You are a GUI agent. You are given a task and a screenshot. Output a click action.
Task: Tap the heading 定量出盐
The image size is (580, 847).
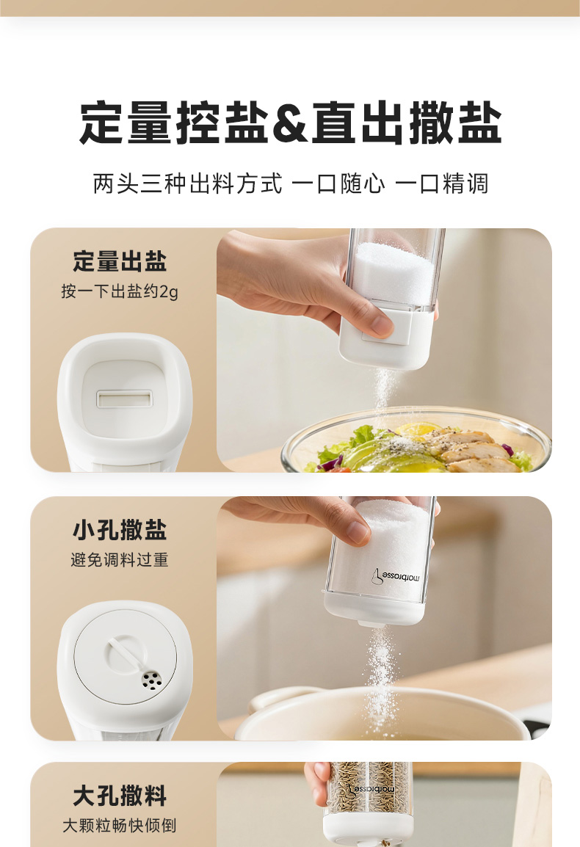click(x=120, y=261)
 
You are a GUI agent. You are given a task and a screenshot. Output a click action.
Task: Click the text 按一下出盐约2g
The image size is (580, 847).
click(x=120, y=291)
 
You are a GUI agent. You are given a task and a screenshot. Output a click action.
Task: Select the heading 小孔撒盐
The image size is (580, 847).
click(x=120, y=529)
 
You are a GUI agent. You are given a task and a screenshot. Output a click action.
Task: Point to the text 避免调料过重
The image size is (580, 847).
click(x=120, y=559)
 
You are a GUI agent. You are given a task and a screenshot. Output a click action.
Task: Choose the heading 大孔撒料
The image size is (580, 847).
click(x=120, y=796)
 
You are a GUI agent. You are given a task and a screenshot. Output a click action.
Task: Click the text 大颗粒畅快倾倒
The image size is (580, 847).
click(x=120, y=826)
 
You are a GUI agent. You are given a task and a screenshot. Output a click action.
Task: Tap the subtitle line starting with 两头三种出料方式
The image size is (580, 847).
click(x=290, y=183)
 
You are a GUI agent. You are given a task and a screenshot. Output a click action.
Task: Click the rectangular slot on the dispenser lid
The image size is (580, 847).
click(x=124, y=399)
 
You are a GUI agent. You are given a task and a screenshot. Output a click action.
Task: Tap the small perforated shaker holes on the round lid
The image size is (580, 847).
click(x=151, y=680)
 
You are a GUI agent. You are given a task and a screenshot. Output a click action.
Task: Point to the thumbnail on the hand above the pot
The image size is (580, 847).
click(x=358, y=531)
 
